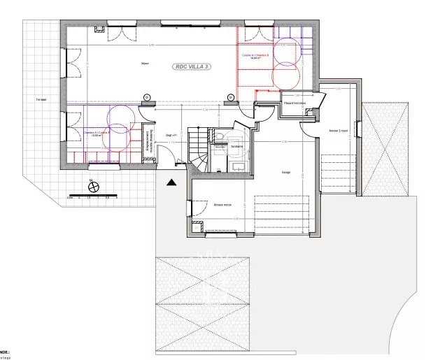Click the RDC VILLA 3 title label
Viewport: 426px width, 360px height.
(193, 66)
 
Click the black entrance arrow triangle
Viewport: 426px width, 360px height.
(171, 182)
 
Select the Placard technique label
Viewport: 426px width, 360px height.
(294, 103)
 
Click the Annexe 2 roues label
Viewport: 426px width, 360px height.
(339, 131)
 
